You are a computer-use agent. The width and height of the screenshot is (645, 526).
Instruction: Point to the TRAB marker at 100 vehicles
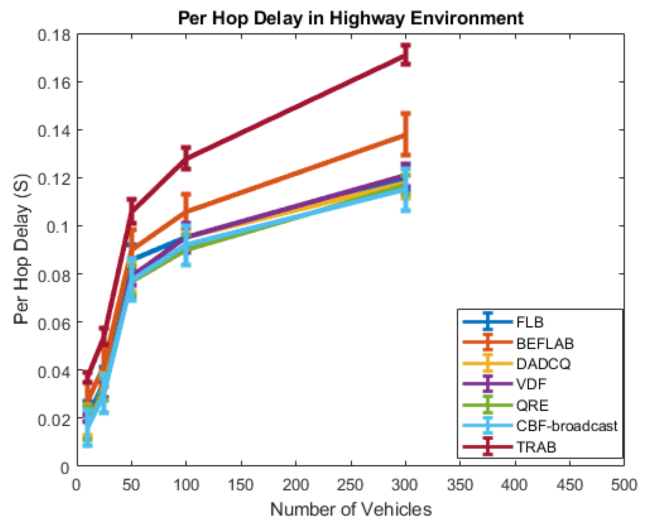186,158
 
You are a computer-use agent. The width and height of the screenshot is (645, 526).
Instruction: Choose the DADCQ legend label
543,364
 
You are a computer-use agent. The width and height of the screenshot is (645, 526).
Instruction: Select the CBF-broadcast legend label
566,426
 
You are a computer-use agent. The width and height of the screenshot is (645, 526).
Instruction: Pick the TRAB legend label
536,447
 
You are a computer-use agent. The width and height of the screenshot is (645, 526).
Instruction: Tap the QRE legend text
532,405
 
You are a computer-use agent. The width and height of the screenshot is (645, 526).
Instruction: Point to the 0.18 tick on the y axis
50,35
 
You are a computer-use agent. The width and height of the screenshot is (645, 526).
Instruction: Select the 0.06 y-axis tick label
50,323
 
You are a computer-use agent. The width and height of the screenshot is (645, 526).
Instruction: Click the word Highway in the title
367,18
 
